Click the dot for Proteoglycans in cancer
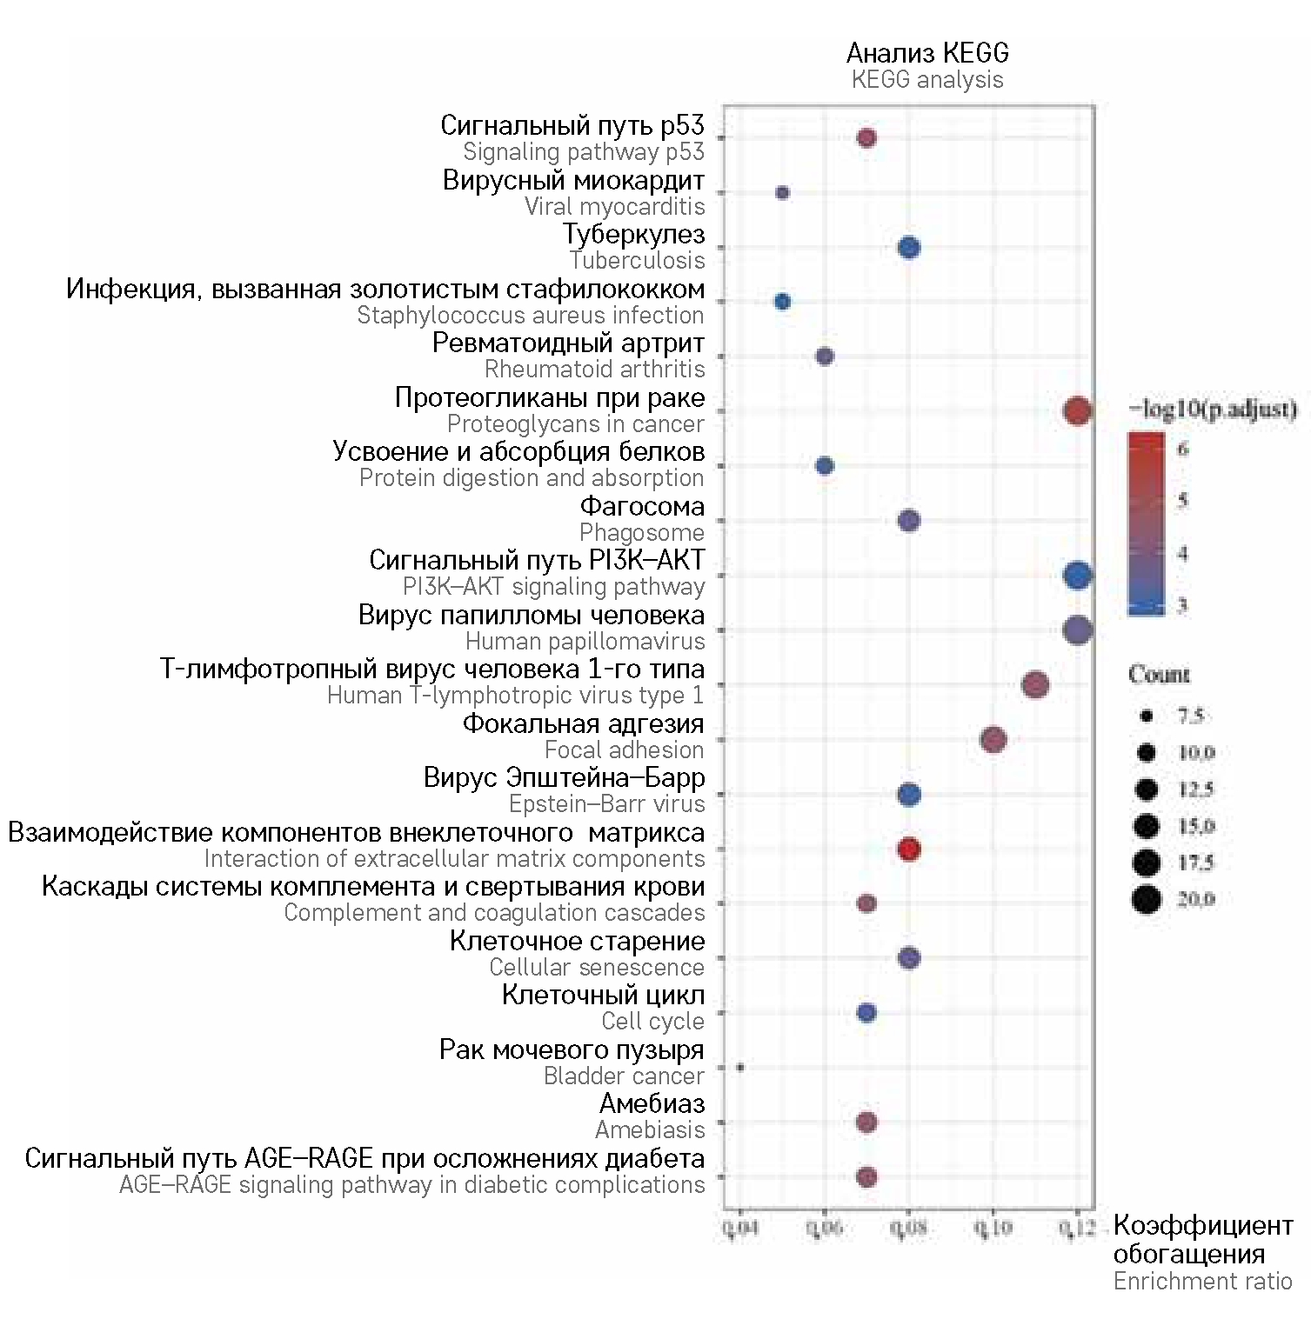(x=1077, y=410)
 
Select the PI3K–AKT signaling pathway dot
(x=1077, y=575)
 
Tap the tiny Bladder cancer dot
(x=739, y=1067)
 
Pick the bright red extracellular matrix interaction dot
(x=908, y=849)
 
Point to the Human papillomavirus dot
(x=1077, y=630)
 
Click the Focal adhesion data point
(x=993, y=740)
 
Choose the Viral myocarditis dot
(x=782, y=192)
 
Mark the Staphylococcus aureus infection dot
(x=782, y=302)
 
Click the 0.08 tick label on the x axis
(x=908, y=1228)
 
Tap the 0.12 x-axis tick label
(x=1076, y=1228)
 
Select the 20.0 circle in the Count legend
(x=1147, y=898)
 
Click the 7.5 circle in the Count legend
(x=1147, y=716)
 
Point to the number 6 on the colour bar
(x=1182, y=449)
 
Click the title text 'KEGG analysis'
(x=927, y=80)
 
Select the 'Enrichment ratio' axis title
(x=1202, y=1281)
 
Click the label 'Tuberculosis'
(x=637, y=260)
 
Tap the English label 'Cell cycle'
(x=652, y=1021)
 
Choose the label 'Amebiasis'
(x=650, y=1129)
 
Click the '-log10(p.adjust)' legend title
(x=1213, y=409)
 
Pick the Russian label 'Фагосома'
(x=642, y=506)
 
